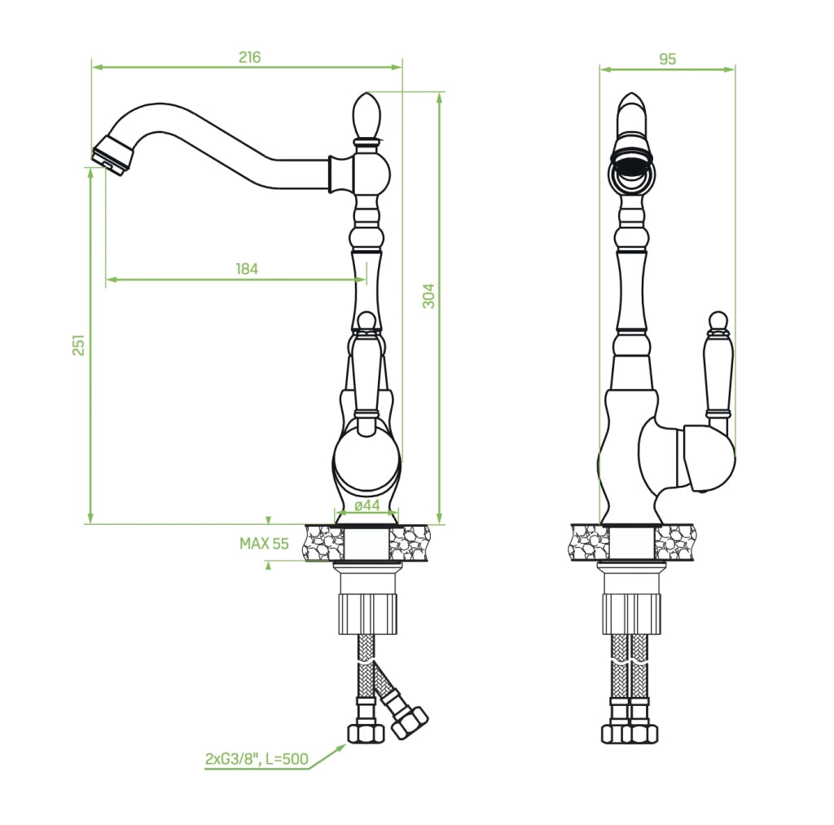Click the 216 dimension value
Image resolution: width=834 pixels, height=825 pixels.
249,57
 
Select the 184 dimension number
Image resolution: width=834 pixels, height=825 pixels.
247,269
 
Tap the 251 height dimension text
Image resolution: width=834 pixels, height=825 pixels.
78,345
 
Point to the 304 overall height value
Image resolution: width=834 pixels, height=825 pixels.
428,296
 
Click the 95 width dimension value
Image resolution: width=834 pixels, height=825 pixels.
668,59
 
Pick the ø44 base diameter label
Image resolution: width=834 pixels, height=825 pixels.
367,505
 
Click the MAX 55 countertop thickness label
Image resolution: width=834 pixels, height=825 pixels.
264,544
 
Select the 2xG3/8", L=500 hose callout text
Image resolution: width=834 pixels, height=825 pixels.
257,758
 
